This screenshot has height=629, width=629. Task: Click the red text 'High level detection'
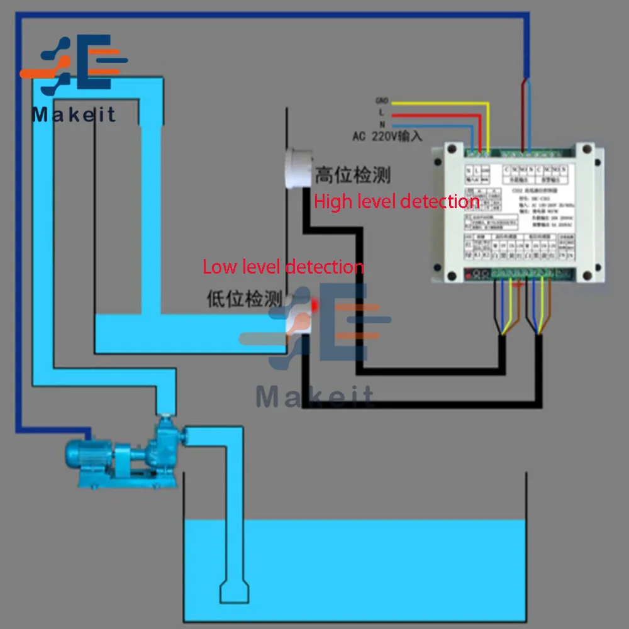click(396, 202)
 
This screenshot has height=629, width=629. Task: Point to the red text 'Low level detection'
click(283, 267)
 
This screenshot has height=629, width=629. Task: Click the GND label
click(382, 101)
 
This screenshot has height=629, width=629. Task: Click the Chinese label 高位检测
click(352, 175)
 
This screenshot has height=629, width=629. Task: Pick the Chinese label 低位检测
click(244, 299)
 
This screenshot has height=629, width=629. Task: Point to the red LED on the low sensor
click(314, 305)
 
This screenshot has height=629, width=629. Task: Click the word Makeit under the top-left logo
click(74, 114)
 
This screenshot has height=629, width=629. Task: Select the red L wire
click(440, 114)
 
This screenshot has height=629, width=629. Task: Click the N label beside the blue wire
click(381, 125)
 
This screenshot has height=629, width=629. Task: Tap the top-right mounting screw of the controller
click(589, 149)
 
